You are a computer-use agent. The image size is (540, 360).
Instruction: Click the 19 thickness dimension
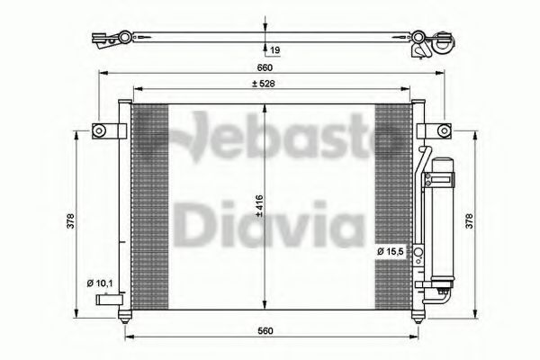click(x=274, y=51)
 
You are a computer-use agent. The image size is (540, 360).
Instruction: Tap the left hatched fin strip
click(x=150, y=206)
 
